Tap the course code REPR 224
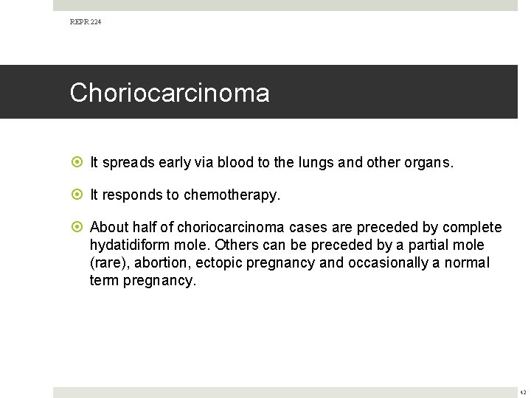coord(86,22)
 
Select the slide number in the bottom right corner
coord(523,392)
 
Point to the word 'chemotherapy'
coord(231,195)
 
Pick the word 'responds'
coord(130,195)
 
